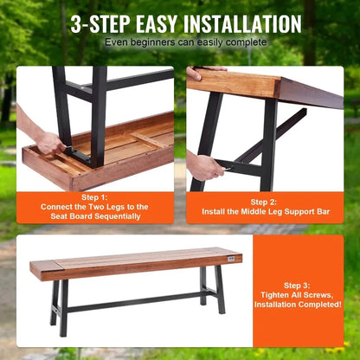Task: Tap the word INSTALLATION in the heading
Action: (243, 23)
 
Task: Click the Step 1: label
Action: (94, 196)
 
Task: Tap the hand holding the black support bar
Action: (203, 164)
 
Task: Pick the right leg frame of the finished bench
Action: (212, 289)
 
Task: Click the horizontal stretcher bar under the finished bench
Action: (130, 303)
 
